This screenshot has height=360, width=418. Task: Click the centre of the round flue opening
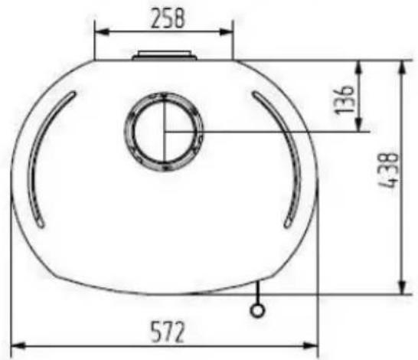pyautogui.click(x=164, y=131)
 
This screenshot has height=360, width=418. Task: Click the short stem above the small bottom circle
pyautogui.click(x=259, y=292)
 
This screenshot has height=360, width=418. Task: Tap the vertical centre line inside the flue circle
pyautogui.click(x=164, y=115)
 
